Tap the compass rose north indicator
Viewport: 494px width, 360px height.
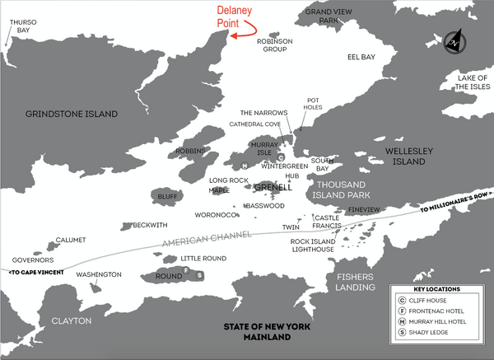pos(454,41)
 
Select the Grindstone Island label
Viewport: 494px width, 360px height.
pos(71,114)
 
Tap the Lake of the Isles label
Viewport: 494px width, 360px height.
pos(467,81)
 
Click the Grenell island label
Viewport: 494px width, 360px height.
pos(273,187)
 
